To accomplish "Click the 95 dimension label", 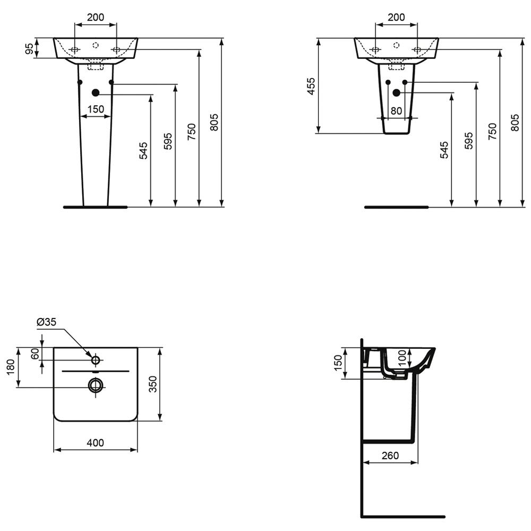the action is click(30, 48).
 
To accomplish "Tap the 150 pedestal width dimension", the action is click(96, 109).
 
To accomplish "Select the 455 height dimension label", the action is click(311, 86).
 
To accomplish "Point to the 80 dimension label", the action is click(396, 111).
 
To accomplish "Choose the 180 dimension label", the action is click(11, 367).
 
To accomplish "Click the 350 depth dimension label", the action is click(153, 384).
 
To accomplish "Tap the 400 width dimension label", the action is click(96, 443).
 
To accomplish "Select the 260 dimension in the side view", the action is click(390, 456).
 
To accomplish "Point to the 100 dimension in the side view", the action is click(402, 358).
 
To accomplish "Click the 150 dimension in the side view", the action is click(338, 363).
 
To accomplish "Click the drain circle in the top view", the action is click(96, 386).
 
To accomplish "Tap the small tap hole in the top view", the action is click(96, 361).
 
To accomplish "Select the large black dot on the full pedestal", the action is click(96, 93).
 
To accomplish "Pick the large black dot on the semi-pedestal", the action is click(396, 92).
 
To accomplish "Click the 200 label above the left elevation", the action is click(96, 17).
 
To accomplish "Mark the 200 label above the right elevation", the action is click(396, 17).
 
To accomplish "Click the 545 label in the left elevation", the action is click(143, 150).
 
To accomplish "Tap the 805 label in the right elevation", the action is click(515, 123).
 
